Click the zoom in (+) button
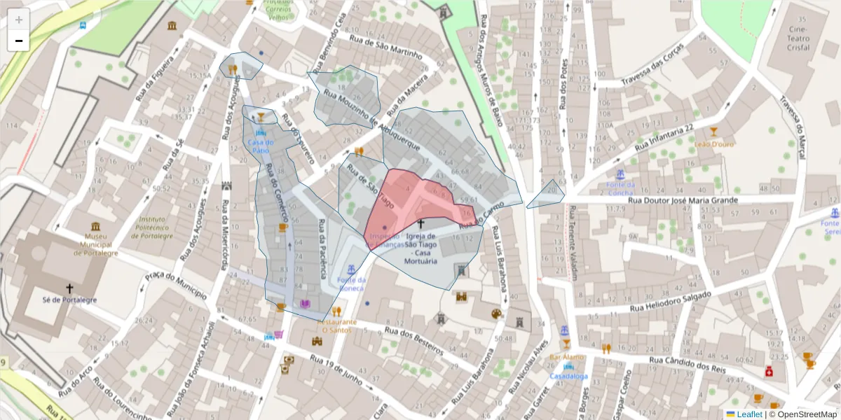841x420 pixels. [x=19, y=20]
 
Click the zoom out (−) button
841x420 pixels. [x=19, y=41]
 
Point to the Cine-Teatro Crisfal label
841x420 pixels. [x=799, y=38]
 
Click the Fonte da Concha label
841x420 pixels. [x=620, y=189]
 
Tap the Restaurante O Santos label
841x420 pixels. [x=337, y=325]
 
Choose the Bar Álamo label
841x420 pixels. [x=566, y=357]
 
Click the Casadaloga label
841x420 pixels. [x=568, y=376]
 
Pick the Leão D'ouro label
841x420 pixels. [x=713, y=144]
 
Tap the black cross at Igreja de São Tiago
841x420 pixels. [x=421, y=224]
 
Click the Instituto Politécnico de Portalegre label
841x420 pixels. [x=151, y=227]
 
